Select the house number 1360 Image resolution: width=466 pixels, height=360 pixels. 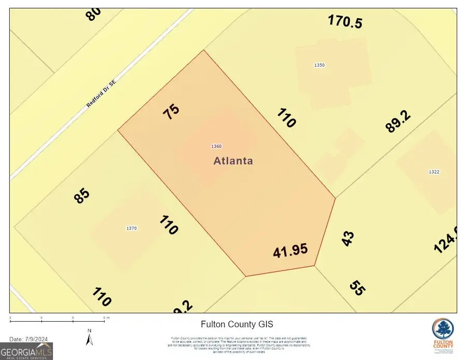pos(217,147)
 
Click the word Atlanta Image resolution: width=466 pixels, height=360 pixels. pos(234,161)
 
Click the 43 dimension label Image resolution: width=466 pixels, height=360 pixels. pos(348,238)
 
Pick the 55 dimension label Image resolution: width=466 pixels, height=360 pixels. pos(357,287)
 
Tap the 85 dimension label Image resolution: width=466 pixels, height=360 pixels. pos(82,195)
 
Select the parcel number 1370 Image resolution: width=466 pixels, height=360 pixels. pos(132,228)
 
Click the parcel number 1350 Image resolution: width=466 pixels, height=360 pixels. pos(319,65)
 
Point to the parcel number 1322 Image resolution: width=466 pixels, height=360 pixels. pos(434,172)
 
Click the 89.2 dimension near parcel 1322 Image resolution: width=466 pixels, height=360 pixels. pos(398,121)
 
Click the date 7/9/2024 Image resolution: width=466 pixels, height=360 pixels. pos(29,339)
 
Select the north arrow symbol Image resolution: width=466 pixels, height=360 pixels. pos(90,338)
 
